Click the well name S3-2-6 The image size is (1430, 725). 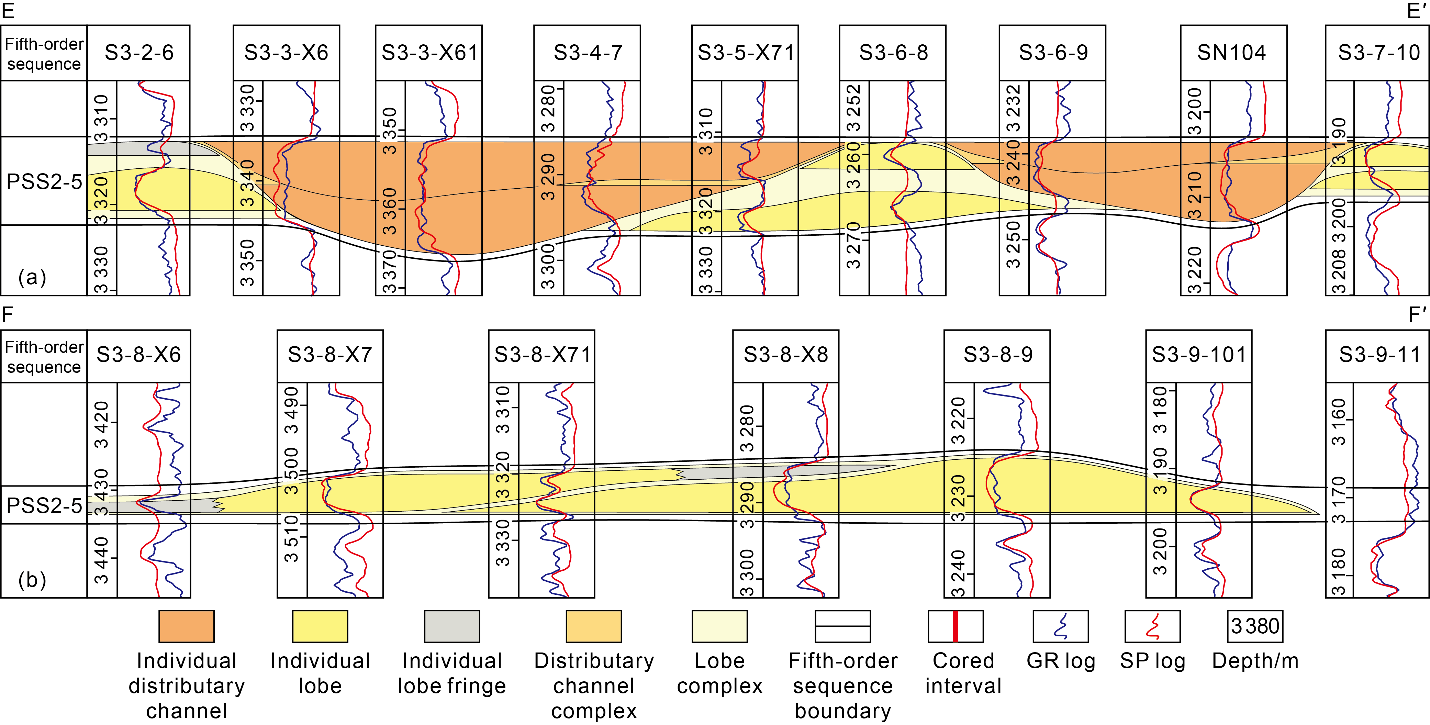pos(139,53)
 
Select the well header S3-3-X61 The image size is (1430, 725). pos(429,53)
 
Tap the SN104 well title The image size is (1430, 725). pos(1231,53)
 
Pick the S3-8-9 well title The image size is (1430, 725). pos(997,355)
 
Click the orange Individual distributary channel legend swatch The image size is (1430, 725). pos(187,626)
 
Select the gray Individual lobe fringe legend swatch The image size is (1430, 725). pos(452,626)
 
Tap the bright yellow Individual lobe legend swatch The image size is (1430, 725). pos(320,626)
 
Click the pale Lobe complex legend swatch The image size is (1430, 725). pos(719,626)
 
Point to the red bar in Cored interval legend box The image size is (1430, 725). pos(956,626)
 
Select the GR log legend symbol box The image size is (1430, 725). pos(1060,626)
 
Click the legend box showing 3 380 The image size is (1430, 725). pos(1254,626)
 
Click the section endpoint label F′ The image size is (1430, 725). pos(1417,315)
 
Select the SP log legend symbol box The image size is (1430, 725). pos(1152,626)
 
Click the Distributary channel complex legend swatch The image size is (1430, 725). pos(593,626)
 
